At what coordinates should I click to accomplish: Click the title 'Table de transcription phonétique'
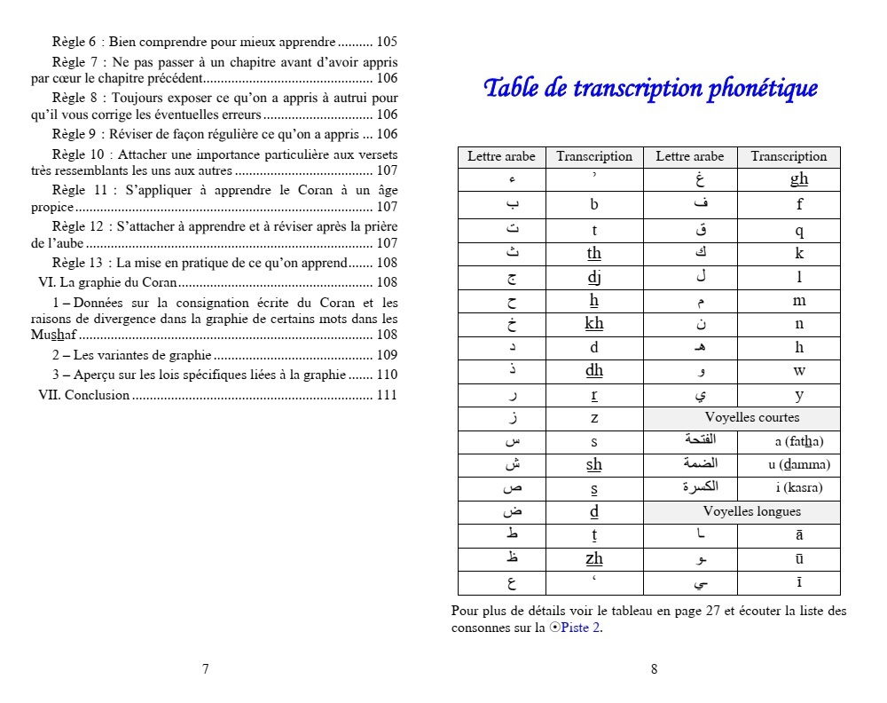tap(650, 89)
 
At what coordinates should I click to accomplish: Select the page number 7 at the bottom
tap(206, 669)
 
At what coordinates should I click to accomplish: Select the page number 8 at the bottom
tap(655, 669)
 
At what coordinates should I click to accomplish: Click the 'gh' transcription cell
tap(799, 179)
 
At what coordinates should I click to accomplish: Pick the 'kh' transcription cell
tap(594, 324)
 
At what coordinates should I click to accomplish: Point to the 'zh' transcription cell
tap(594, 558)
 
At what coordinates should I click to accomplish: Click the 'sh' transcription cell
tap(594, 464)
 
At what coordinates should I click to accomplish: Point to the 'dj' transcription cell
tap(594, 277)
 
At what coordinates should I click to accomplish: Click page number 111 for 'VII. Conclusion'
tap(387, 396)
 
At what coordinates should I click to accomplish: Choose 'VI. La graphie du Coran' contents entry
tap(108, 283)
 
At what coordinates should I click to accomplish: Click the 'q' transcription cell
tap(799, 231)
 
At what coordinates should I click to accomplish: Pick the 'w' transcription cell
tap(799, 371)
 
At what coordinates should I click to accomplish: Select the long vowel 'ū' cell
tap(799, 558)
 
